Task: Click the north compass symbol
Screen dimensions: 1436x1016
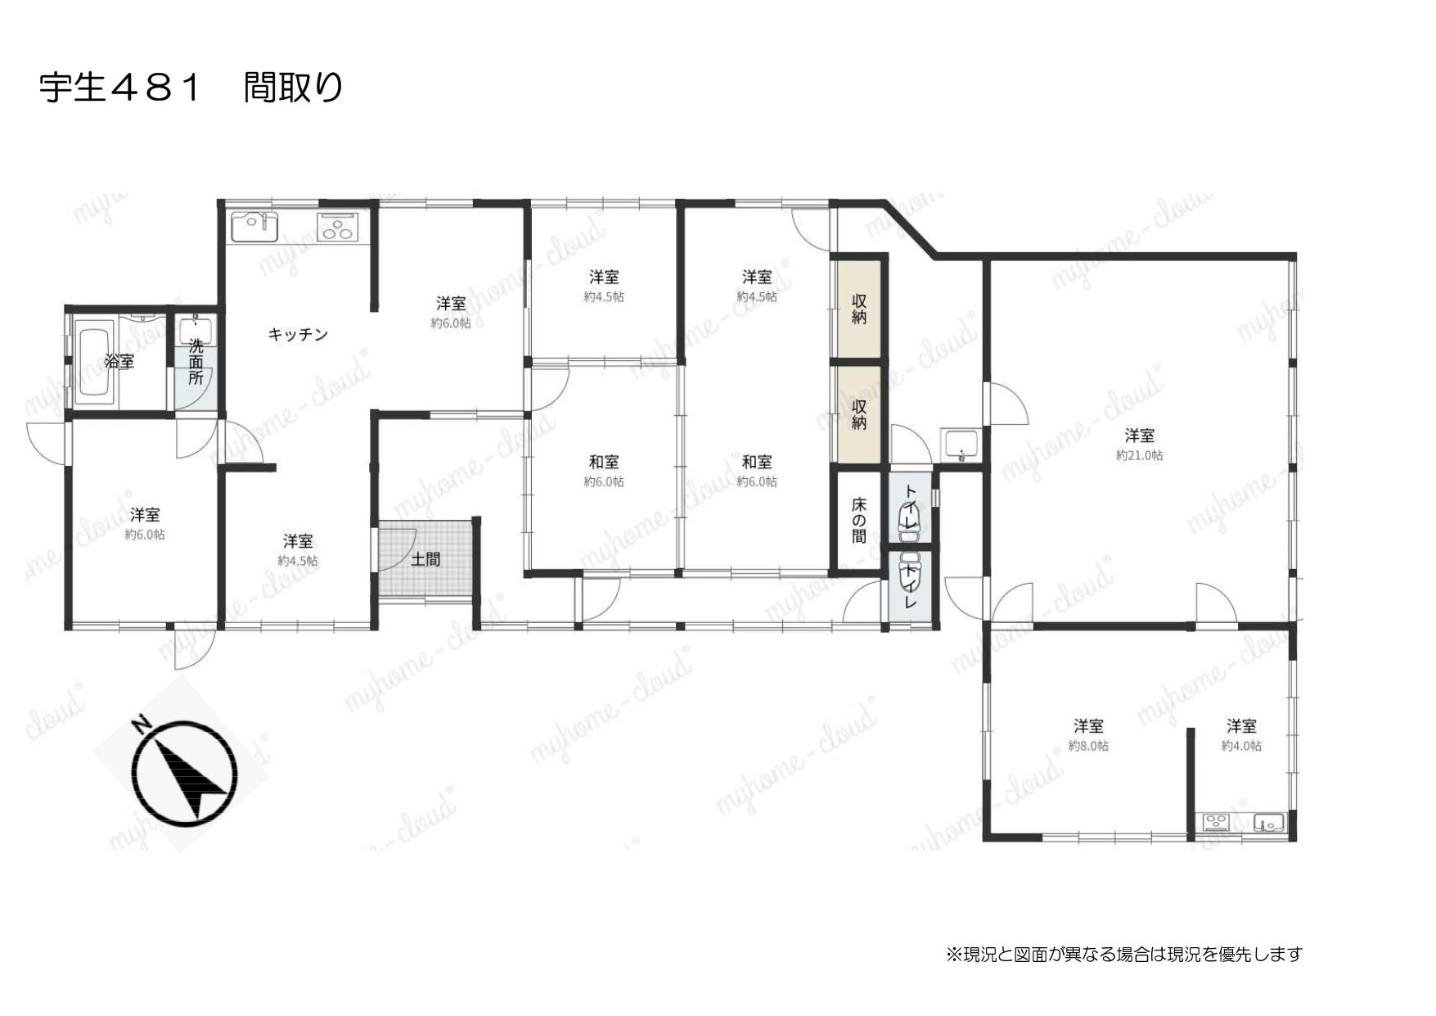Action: click(185, 772)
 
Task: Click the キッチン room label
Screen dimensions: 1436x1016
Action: click(298, 334)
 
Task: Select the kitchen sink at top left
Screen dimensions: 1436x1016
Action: click(255, 226)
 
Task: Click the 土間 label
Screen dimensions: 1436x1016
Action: click(425, 560)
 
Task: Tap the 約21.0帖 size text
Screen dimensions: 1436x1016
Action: click(1139, 455)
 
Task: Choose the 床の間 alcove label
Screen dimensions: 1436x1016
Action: click(858, 519)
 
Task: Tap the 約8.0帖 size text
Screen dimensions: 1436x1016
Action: click(1088, 746)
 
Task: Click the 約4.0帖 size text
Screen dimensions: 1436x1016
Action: click(1241, 746)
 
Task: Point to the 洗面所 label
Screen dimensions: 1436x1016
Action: click(196, 361)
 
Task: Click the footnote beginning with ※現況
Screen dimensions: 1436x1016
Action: click(1123, 954)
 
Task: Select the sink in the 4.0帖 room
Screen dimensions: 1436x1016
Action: click(1270, 823)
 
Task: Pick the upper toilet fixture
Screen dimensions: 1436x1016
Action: click(910, 522)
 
